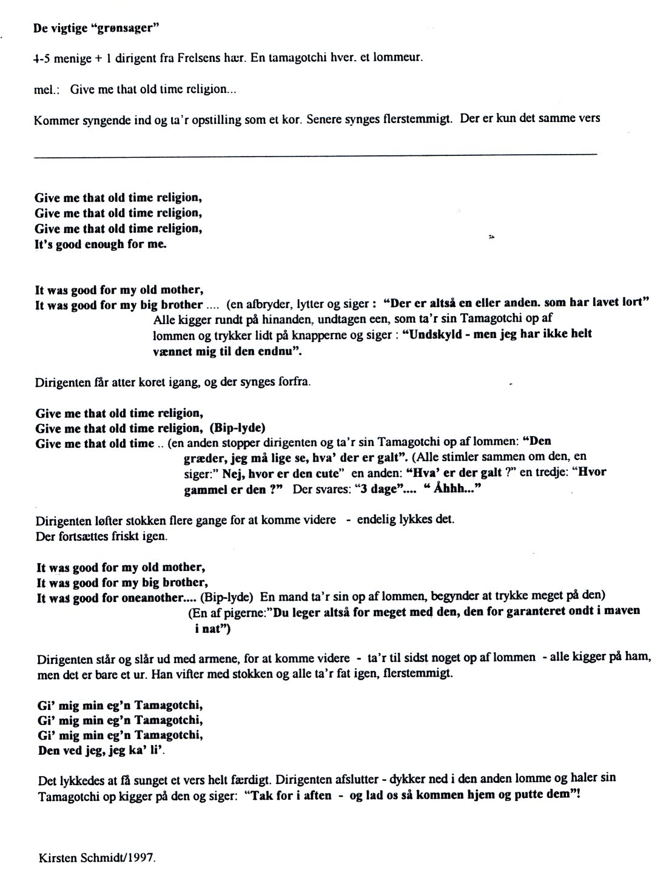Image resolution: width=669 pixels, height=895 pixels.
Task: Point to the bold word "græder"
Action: click(204, 459)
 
